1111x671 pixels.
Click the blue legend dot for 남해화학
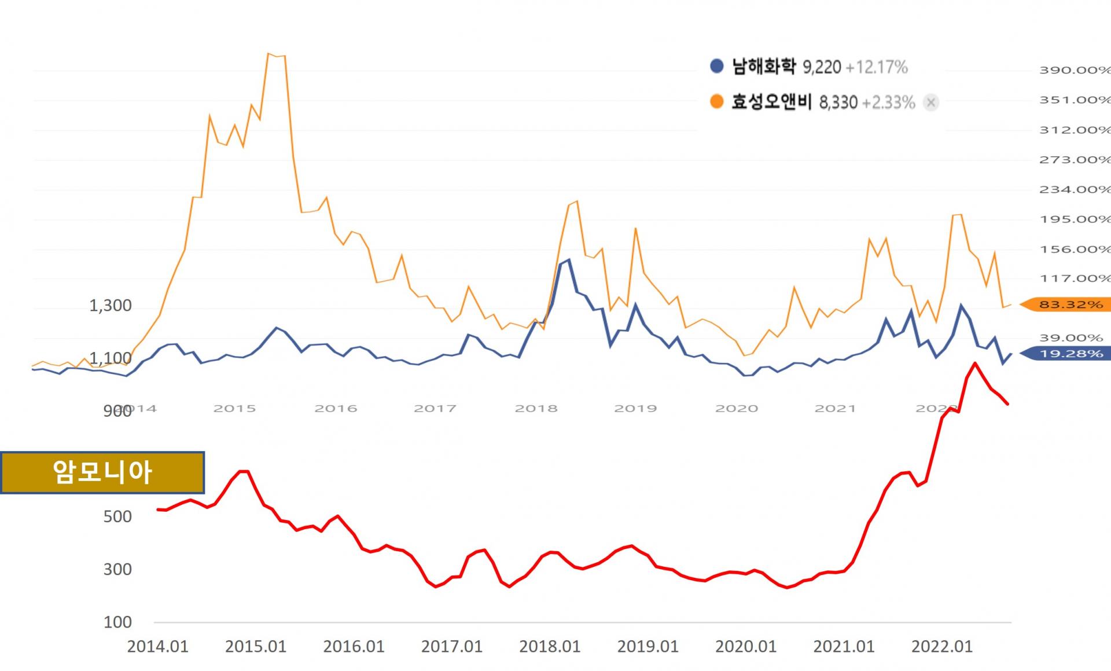click(716, 66)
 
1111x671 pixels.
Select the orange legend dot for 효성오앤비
click(716, 102)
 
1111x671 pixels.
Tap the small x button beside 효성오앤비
click(930, 102)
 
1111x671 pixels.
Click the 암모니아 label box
click(102, 472)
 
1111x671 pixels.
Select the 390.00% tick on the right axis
click(1073, 70)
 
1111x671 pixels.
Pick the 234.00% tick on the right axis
click(1073, 189)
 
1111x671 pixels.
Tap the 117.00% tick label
click(1073, 278)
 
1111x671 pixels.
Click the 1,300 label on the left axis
click(110, 305)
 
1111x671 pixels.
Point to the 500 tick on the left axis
click(117, 516)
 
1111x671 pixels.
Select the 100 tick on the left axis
click(117, 622)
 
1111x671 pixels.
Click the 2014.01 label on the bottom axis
click(157, 647)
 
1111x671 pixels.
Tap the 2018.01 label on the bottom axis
click(549, 647)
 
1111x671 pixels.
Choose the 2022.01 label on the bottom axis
click(941, 647)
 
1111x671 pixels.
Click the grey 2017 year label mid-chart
click(435, 409)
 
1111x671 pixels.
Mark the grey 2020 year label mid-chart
click(736, 409)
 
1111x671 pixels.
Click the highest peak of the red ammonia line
click(975, 364)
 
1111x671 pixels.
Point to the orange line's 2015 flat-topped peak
click(276, 56)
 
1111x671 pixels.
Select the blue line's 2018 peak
click(569, 260)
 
